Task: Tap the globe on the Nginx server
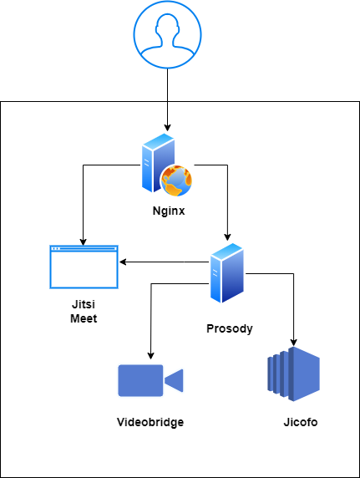point(176,179)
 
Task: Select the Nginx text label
point(167,211)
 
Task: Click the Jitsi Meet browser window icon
point(84,267)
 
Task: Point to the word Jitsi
point(84,304)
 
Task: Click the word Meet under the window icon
point(84,318)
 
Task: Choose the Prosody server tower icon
point(226,273)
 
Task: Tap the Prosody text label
point(230,328)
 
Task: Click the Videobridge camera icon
point(150,380)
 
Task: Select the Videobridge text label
point(150,422)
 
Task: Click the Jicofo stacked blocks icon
point(292,371)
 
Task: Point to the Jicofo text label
point(300,422)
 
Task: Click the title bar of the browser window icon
point(84,249)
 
